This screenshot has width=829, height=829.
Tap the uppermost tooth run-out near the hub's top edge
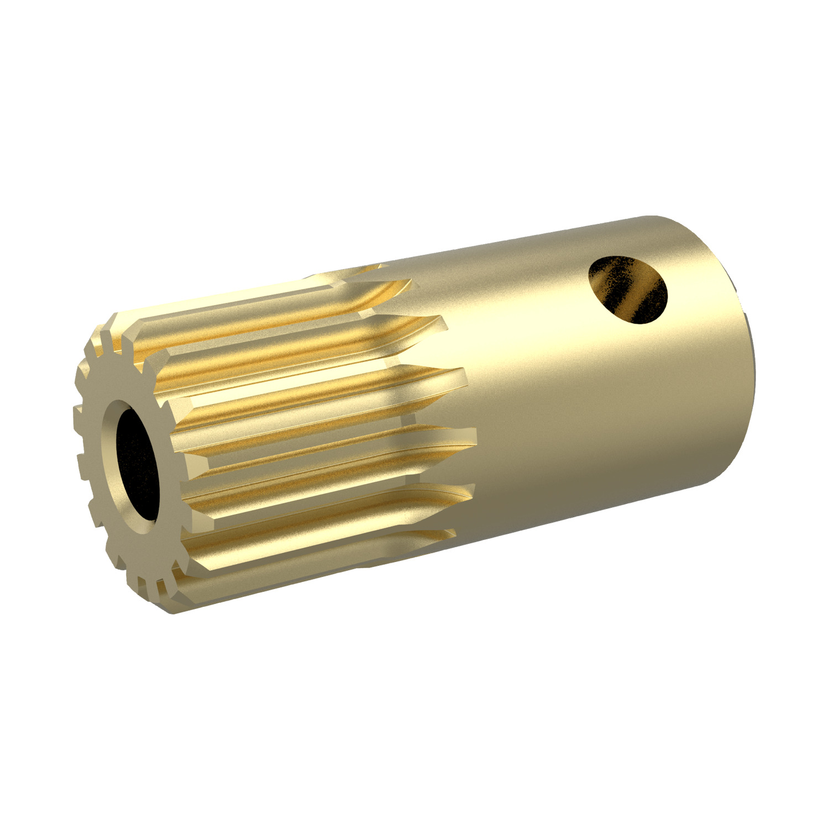[x=381, y=267]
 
